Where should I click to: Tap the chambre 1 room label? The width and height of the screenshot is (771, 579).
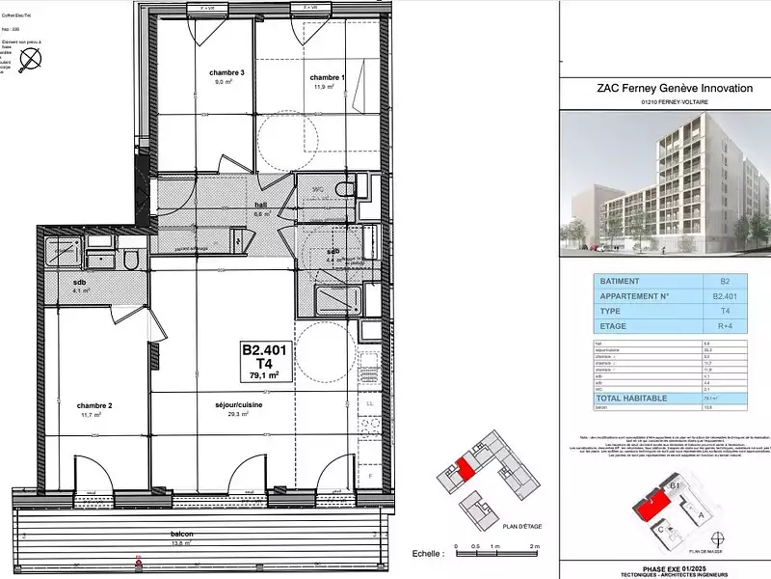point(326,77)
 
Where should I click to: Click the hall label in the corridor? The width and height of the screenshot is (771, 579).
point(232,206)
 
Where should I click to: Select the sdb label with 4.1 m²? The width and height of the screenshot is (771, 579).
point(80,283)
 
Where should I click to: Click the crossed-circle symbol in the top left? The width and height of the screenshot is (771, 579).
point(32,57)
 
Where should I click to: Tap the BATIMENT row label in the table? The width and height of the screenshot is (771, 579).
point(621,282)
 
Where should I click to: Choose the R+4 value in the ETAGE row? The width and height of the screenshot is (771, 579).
point(725,326)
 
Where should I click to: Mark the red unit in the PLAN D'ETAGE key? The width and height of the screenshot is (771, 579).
point(465,469)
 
